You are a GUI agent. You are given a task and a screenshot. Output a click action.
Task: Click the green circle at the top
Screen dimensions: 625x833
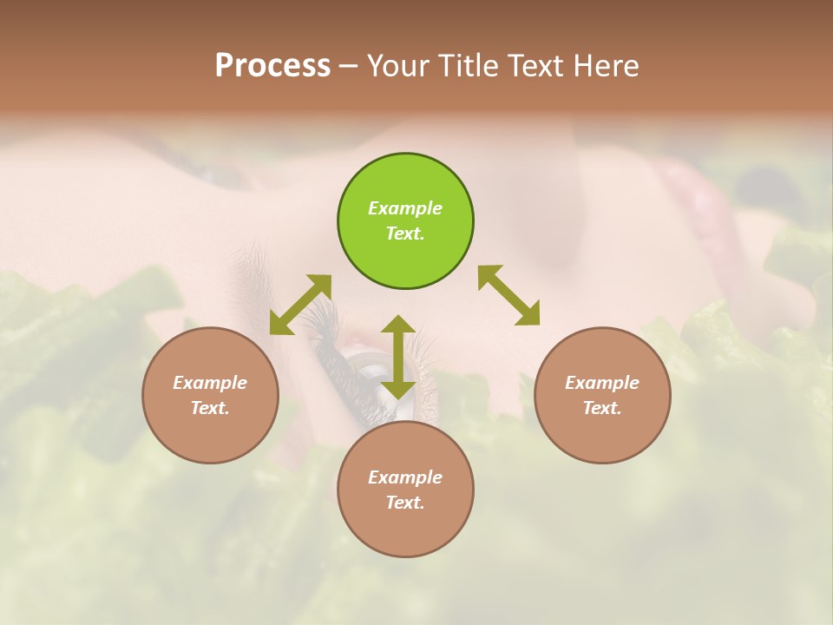pyautogui.click(x=405, y=221)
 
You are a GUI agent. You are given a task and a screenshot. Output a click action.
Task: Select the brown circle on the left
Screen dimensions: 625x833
pyautogui.click(x=210, y=395)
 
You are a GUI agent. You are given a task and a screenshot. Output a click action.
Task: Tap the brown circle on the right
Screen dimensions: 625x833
pyautogui.click(x=602, y=395)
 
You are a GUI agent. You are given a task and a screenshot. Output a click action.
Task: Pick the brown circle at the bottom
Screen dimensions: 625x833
pyautogui.click(x=405, y=490)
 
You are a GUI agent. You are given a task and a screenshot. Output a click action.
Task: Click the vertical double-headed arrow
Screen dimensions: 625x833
pyautogui.click(x=398, y=357)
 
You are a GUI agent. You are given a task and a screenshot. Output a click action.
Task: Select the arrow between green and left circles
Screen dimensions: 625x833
pyautogui.click(x=300, y=305)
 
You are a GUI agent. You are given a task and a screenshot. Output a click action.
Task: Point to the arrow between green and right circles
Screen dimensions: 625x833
pyautogui.click(x=509, y=295)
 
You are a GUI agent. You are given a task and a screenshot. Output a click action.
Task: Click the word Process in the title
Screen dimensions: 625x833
pyautogui.click(x=272, y=66)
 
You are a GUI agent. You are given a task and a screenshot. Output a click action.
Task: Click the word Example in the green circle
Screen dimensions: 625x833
pyautogui.click(x=405, y=208)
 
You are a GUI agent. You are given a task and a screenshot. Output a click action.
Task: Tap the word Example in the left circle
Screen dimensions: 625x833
pyautogui.click(x=210, y=383)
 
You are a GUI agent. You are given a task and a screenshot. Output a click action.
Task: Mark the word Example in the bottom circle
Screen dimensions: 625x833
pyautogui.click(x=405, y=477)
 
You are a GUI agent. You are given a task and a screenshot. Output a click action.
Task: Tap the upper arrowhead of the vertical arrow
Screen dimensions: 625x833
pyautogui.click(x=398, y=324)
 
